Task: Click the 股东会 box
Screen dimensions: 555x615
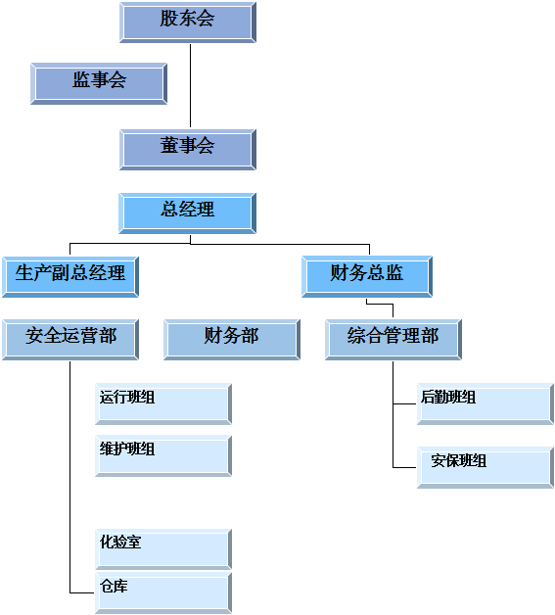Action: (188, 23)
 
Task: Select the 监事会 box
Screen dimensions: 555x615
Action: (99, 83)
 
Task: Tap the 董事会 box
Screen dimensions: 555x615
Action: (188, 150)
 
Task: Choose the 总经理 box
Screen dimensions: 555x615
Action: (188, 213)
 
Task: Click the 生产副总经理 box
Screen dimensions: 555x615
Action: (70, 277)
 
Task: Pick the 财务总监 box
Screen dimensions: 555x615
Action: (367, 277)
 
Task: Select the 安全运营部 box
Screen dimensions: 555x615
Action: (70, 340)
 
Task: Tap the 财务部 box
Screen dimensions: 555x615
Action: (232, 340)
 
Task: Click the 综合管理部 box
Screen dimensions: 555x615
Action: (393, 340)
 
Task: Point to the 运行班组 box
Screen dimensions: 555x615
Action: (163, 404)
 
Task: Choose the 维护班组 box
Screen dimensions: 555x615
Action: (163, 455)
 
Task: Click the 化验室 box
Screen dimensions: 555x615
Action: (163, 549)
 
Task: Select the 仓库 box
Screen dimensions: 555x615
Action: (163, 592)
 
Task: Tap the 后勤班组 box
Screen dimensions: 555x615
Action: (486, 404)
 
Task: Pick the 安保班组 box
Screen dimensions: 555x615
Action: (486, 467)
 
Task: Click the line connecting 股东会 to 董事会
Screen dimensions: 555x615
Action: (191, 85)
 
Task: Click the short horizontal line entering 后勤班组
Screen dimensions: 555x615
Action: (404, 403)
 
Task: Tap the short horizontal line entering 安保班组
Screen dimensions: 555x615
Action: (404, 467)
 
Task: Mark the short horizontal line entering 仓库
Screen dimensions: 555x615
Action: (82, 592)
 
